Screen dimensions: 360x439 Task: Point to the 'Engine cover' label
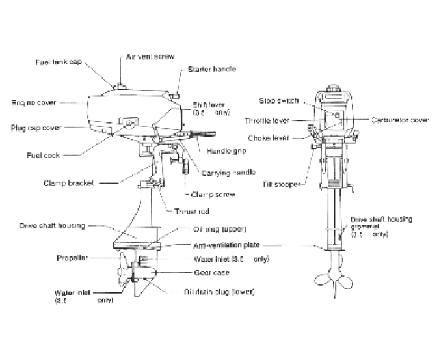(34, 102)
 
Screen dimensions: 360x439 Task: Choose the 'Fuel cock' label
(45, 156)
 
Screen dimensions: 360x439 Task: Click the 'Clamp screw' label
(213, 194)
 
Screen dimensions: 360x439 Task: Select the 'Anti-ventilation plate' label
(227, 245)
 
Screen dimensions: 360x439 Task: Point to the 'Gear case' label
(210, 273)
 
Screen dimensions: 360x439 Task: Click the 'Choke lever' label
(268, 137)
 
